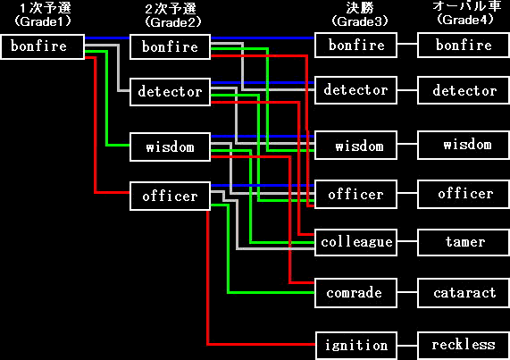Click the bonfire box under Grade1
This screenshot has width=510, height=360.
coord(42,46)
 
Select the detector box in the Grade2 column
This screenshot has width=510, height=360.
coord(170,92)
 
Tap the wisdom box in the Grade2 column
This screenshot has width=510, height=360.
coord(170,147)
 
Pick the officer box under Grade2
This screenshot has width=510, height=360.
coord(170,197)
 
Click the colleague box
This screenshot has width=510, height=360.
coord(355,242)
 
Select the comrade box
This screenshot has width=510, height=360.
coord(355,293)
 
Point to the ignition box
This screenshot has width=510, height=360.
coord(355,346)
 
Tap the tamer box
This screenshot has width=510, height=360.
coord(464,242)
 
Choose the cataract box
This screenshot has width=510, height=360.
coord(464,293)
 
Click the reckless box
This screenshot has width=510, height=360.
coord(464,346)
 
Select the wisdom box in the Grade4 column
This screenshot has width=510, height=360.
coord(464,145)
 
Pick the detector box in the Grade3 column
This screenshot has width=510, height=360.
coord(355,90)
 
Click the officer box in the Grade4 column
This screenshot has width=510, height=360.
coord(464,194)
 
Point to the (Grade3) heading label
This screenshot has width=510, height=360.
coord(360,21)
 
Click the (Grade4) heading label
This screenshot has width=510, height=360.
coord(465,20)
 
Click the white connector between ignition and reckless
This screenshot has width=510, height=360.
coord(407,346)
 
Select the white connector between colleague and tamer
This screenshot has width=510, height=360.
coord(407,241)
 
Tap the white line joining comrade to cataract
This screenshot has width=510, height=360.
coord(407,292)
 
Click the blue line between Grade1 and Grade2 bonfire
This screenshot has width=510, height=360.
coord(107,38)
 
